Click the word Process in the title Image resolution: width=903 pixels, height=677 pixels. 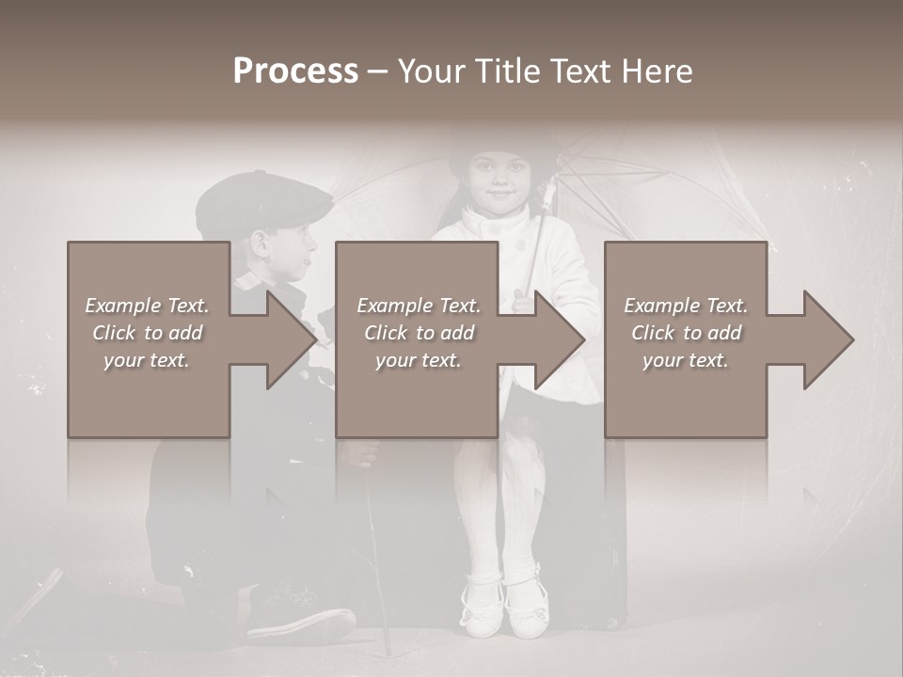tap(295, 71)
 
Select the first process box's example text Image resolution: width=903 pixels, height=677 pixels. tap(148, 333)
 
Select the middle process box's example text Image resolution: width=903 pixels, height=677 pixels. tap(419, 333)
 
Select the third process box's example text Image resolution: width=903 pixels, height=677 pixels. tap(686, 333)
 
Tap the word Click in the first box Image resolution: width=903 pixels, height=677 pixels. tap(114, 333)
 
